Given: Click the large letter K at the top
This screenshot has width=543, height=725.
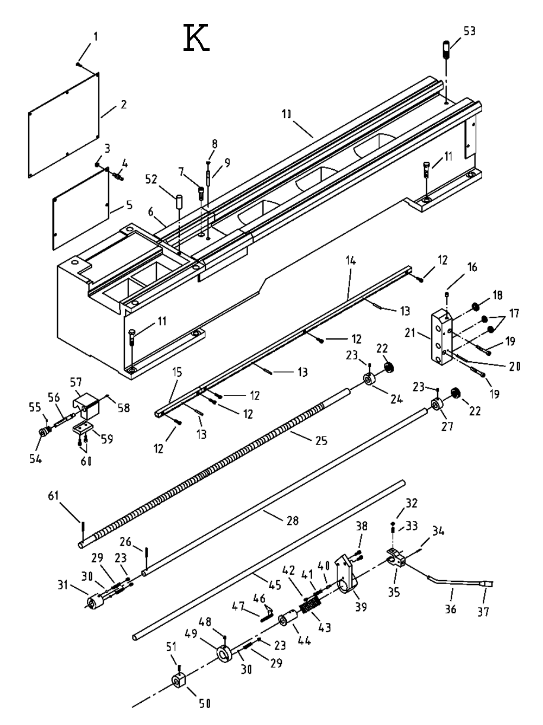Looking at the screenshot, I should (197, 39).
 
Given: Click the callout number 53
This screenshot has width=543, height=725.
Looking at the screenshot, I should (469, 31).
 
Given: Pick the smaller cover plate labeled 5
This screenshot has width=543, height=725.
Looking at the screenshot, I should (80, 209).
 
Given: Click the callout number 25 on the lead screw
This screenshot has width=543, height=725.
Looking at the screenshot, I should (321, 440).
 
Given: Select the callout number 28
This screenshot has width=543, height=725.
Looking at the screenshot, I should (292, 521).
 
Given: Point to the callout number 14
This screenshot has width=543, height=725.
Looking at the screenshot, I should (350, 261).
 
